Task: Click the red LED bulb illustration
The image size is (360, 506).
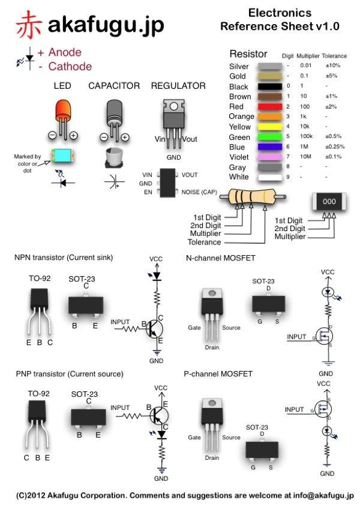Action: click(x=62, y=112)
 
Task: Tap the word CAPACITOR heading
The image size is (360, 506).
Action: click(x=114, y=86)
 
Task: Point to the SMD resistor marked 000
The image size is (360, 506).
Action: click(x=329, y=202)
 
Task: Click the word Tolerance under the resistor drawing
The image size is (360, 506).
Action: click(x=204, y=242)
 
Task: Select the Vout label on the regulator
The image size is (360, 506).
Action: click(x=190, y=139)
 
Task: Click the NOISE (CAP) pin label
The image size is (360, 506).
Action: click(x=200, y=192)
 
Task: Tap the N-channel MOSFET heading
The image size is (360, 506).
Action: click(x=221, y=258)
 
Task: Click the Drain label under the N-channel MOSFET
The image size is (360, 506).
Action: click(x=212, y=347)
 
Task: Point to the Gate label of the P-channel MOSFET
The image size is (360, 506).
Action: click(x=194, y=438)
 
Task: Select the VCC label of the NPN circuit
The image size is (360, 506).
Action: click(x=155, y=258)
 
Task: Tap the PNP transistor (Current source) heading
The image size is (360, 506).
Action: click(x=70, y=373)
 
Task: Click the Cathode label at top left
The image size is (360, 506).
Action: click(x=70, y=67)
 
